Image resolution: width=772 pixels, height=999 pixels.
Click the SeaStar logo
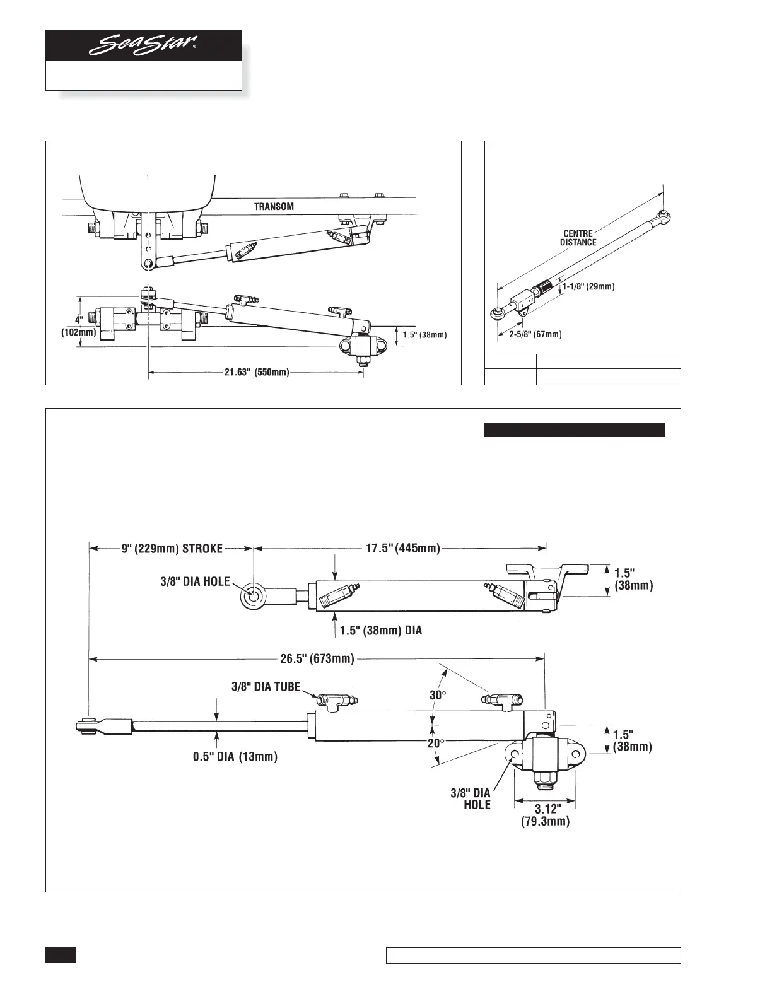(143, 45)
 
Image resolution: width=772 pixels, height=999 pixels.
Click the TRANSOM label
(274, 206)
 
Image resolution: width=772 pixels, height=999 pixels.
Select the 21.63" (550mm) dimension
(257, 373)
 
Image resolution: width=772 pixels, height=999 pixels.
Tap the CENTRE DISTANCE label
(578, 238)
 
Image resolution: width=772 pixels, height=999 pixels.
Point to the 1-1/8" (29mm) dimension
(588, 286)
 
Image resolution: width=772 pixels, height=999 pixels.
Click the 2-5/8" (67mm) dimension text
(535, 334)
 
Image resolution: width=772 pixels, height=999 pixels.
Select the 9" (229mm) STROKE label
(172, 548)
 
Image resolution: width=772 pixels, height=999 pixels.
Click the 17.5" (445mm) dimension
(403, 548)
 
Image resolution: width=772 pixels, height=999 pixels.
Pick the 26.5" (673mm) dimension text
(317, 659)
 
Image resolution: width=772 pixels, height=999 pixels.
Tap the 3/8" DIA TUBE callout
(264, 687)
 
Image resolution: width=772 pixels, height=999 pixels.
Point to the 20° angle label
(435, 744)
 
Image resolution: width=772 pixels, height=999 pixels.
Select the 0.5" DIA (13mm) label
(235, 756)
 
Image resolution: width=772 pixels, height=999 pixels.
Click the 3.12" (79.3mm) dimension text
(546, 815)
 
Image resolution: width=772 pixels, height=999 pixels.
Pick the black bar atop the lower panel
(574, 429)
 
